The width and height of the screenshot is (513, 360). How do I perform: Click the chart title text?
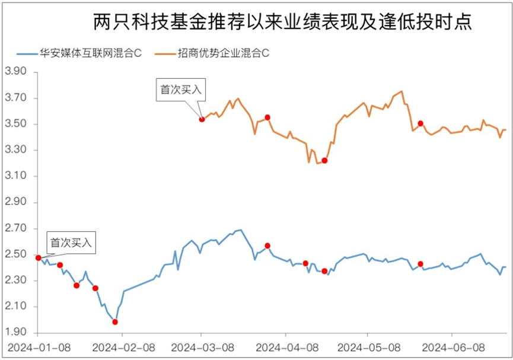click(283, 22)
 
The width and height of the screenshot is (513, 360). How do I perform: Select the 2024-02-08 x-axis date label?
click(122, 346)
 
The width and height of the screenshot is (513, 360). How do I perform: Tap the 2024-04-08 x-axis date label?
click(285, 346)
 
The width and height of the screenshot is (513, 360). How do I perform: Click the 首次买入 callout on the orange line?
click(181, 90)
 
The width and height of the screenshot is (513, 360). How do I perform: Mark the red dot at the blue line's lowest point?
click(115, 322)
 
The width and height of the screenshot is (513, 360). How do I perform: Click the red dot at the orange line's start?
click(202, 119)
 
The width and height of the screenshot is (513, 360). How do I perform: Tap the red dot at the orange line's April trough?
click(324, 161)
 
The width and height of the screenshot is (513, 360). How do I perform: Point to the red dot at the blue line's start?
click(39, 258)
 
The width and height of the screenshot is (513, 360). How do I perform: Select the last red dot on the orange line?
click(420, 123)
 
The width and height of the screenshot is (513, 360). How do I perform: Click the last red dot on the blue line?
click(420, 264)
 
